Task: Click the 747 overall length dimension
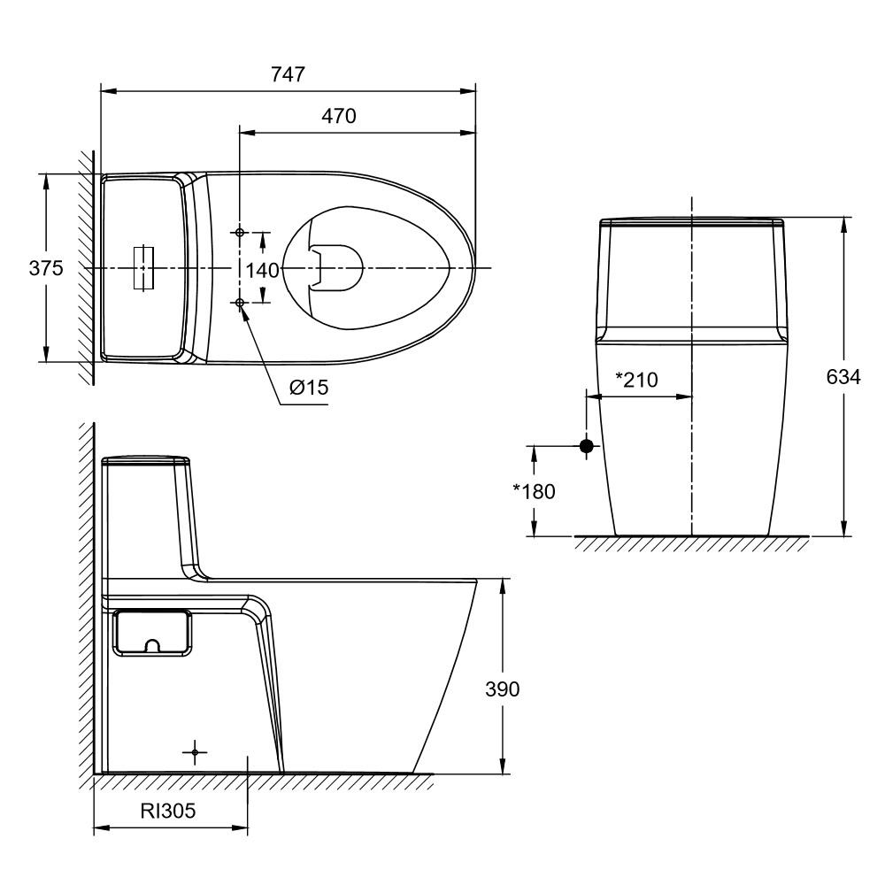(288, 74)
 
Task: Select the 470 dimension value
(338, 117)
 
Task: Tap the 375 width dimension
(46, 268)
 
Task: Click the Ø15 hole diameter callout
(306, 388)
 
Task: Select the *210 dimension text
(636, 381)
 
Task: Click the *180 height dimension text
(534, 491)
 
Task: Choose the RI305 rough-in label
(168, 810)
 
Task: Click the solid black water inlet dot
(586, 446)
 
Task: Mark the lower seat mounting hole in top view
(240, 303)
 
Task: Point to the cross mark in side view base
(196, 752)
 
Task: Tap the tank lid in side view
(147, 460)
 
